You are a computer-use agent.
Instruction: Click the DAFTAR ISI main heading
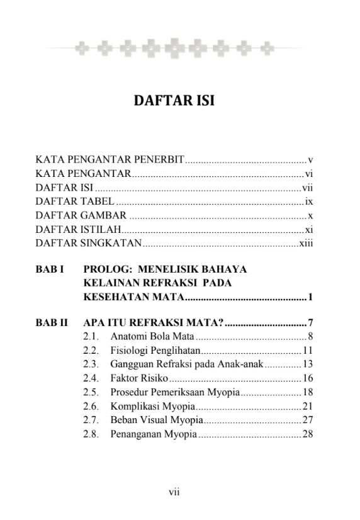(174, 101)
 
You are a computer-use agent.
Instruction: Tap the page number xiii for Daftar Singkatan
(305, 243)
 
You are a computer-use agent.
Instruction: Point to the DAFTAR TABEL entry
(75, 201)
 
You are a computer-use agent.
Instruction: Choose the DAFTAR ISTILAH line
(77, 229)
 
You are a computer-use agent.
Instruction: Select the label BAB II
(52, 324)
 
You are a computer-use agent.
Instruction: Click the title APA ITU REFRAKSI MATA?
(154, 324)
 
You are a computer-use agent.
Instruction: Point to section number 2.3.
(91, 365)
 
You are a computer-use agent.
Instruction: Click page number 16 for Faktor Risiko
(308, 378)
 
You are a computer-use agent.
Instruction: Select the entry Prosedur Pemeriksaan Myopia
(175, 392)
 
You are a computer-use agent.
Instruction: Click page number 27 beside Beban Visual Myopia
(308, 420)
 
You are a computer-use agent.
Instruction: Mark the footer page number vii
(174, 492)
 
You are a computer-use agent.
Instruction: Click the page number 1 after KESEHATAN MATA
(310, 297)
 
